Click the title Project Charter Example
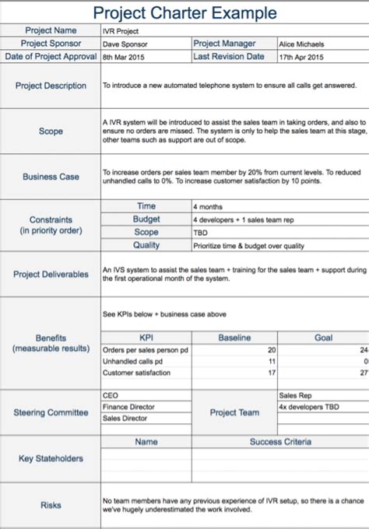(184, 13)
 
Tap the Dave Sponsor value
(125, 44)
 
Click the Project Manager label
(229, 44)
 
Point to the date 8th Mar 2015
(125, 57)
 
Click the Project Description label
(51, 86)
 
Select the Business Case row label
(51, 177)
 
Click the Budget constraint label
(146, 220)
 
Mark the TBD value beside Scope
(201, 233)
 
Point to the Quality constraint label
(146, 245)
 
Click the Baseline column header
(234, 338)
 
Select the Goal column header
(322, 338)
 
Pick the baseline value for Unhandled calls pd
(272, 362)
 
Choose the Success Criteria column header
(279, 442)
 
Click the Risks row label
(51, 506)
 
